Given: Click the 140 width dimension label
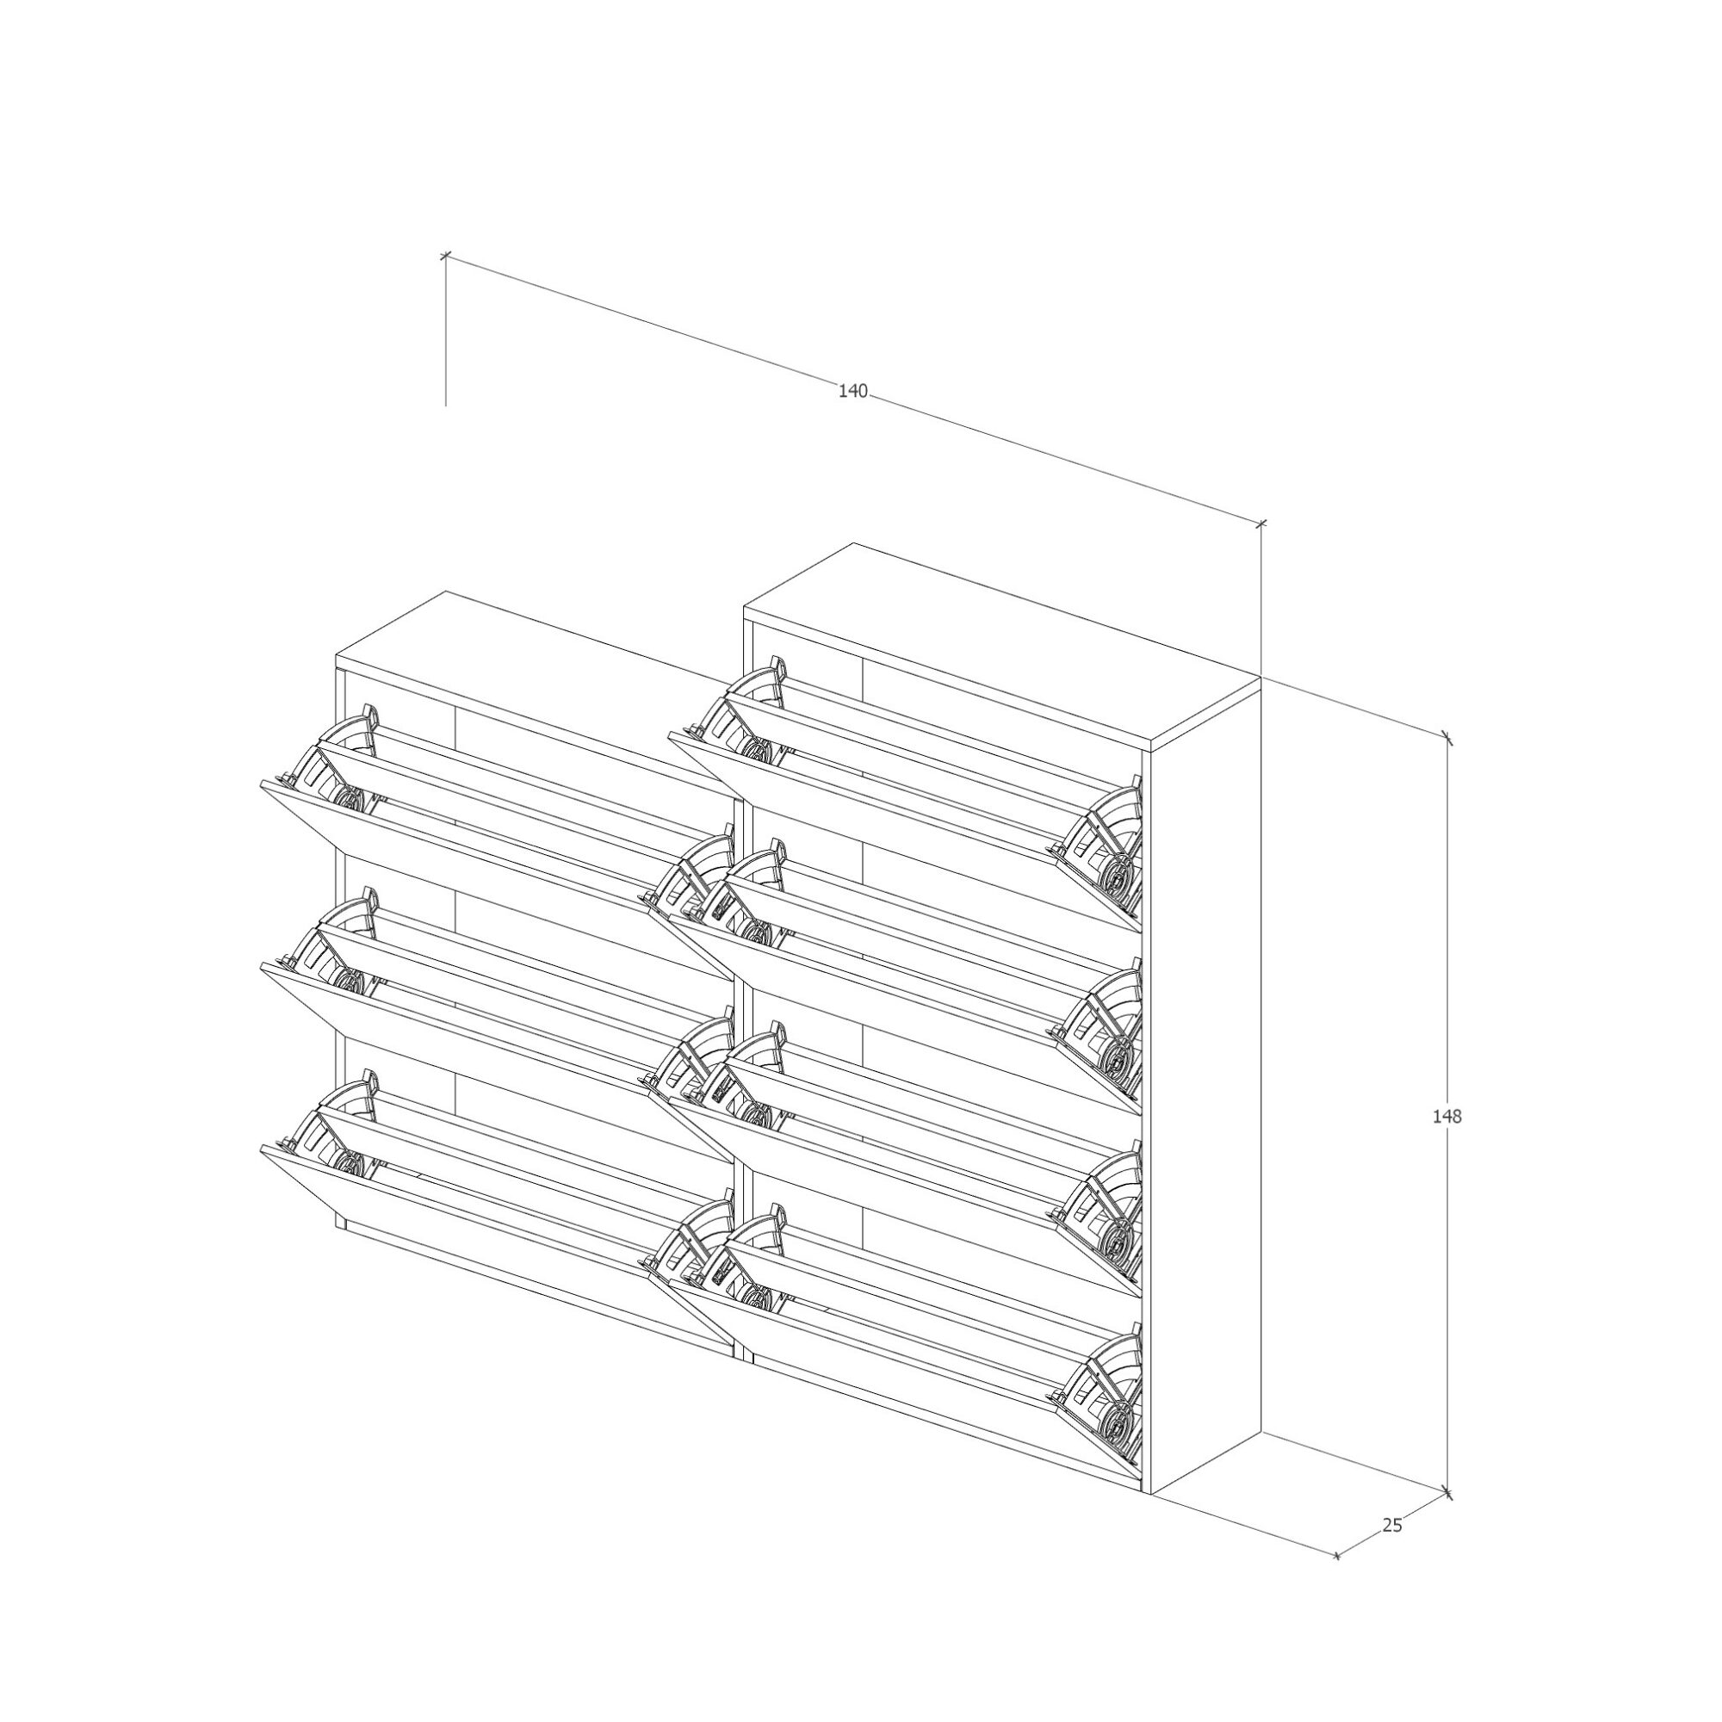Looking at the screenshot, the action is point(853,391).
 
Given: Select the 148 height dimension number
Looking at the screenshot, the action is point(1447,1115).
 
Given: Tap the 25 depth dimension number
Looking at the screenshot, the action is point(1392,1525).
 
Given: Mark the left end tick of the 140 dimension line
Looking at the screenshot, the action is point(446,257).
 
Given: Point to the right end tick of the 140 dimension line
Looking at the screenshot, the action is point(1261,523).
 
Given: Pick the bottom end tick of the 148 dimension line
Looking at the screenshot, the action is point(1447,1493).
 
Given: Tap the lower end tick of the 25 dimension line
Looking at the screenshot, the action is point(1337,1556).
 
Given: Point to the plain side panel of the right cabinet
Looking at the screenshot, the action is point(1207,1092).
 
